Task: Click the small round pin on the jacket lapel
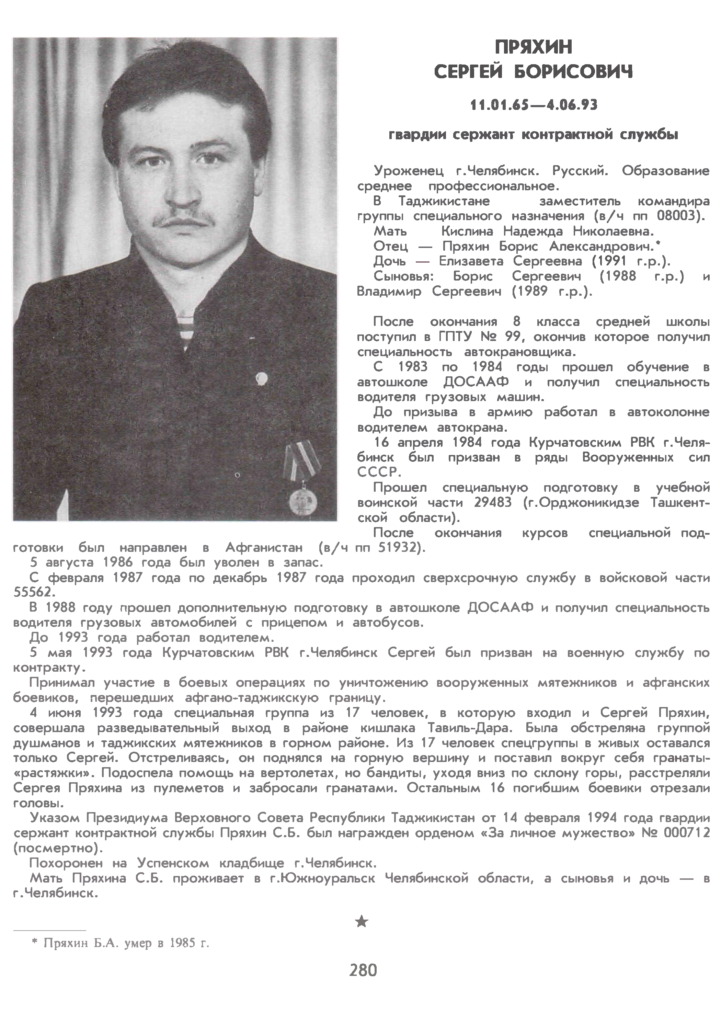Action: [261, 378]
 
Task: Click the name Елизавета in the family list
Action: [471, 261]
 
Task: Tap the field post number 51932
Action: [398, 547]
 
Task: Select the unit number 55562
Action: [35, 592]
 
